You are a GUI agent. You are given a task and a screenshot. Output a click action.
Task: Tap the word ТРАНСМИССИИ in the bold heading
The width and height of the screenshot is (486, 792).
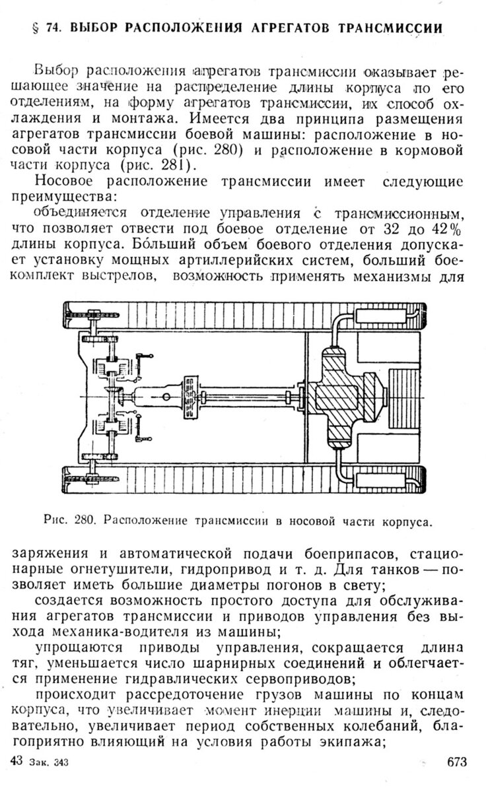point(389,28)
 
